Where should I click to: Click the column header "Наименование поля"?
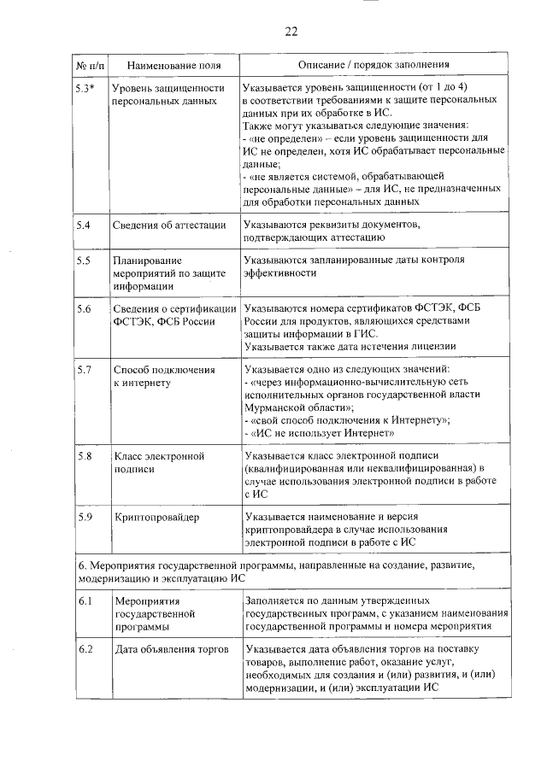(x=168, y=65)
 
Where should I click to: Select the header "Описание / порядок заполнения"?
(x=373, y=65)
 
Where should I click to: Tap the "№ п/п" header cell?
(x=89, y=65)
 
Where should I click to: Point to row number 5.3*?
(x=85, y=87)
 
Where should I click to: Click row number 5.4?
(x=83, y=225)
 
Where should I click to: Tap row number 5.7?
(x=83, y=369)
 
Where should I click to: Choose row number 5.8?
(x=83, y=456)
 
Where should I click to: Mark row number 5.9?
(x=83, y=517)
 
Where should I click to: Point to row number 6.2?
(x=83, y=650)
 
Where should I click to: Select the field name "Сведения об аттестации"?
(x=169, y=225)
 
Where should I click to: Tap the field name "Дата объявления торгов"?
(x=172, y=650)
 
